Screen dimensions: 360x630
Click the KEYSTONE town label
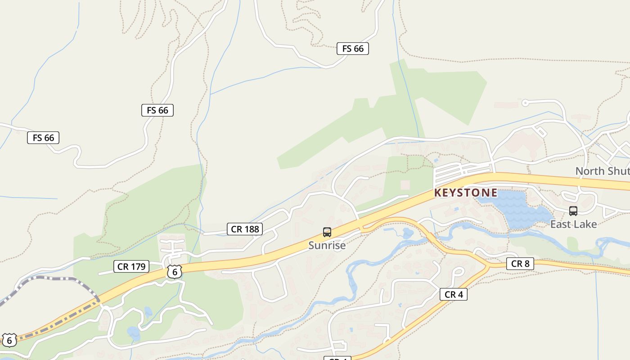[466, 193]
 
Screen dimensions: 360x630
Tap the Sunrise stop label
[327, 245]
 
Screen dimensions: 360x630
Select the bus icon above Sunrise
[327, 232]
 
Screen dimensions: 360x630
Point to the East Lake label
[573, 224]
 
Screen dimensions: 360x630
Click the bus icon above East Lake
[573, 211]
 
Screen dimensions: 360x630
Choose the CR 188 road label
[245, 229]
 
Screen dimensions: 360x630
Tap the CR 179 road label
[131, 266]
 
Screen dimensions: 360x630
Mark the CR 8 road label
[520, 264]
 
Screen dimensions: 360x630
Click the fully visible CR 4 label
[453, 294]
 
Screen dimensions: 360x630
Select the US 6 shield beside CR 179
[175, 271]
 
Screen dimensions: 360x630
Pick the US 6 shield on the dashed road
[9, 340]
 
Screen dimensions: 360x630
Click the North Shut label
[602, 171]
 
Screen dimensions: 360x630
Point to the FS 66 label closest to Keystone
[353, 49]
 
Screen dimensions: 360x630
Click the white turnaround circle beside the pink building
[525, 103]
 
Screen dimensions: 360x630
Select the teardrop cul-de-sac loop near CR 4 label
[458, 272]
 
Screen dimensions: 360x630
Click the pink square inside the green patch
[405, 184]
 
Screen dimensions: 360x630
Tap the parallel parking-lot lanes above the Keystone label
[459, 171]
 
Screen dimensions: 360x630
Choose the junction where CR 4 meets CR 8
[488, 265]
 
